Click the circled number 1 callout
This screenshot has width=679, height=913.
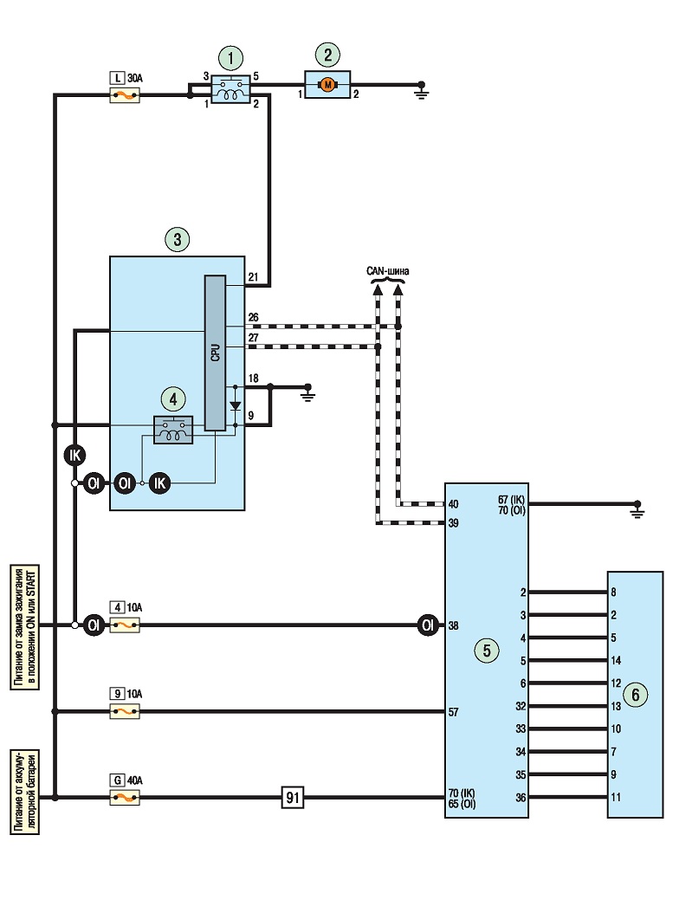(x=231, y=58)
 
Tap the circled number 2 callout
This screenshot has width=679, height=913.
(x=328, y=55)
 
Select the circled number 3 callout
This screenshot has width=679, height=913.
(x=177, y=239)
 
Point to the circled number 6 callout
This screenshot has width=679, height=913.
(x=636, y=695)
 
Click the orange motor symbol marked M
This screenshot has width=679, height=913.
(x=327, y=85)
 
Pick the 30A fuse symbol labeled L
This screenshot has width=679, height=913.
(x=125, y=95)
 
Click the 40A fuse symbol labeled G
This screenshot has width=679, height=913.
(x=125, y=798)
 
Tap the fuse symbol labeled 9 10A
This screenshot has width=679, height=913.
(x=125, y=711)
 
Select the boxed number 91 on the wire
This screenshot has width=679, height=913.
(x=293, y=798)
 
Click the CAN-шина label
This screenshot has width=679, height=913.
(x=388, y=271)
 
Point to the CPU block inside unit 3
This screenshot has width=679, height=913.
(x=215, y=353)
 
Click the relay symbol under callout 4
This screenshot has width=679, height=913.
(x=173, y=431)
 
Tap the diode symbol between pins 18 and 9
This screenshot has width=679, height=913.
(x=236, y=406)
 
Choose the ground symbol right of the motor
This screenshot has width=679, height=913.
(x=422, y=91)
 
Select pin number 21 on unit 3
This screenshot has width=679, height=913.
(x=253, y=277)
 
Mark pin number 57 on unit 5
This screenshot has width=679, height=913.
(x=453, y=712)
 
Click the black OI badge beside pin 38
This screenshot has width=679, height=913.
(x=428, y=625)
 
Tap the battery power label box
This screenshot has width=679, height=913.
(x=25, y=792)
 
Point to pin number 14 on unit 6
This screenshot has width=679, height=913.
(x=616, y=660)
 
